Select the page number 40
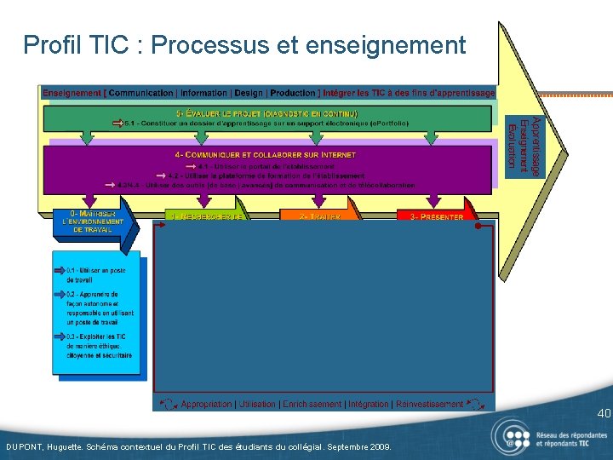click(603, 414)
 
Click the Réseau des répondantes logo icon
click(513, 435)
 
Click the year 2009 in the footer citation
click(377, 446)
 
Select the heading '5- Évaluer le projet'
click(267, 113)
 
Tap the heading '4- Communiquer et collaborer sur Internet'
click(265, 155)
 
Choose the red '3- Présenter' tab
click(437, 216)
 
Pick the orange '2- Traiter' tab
click(319, 216)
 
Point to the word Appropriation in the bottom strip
click(207, 404)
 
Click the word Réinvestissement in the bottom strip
click(429, 404)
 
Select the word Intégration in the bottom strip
click(367, 404)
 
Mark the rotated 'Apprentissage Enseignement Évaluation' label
click(524, 147)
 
